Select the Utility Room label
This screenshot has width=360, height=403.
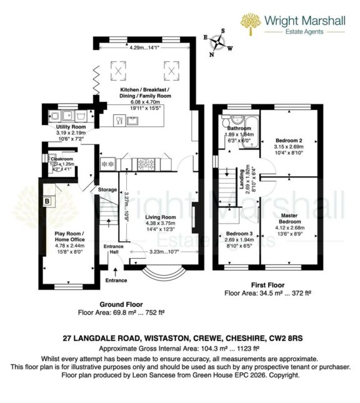(x=70, y=127)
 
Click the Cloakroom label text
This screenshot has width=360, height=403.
(x=61, y=159)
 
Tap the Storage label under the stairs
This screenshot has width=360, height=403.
(x=107, y=189)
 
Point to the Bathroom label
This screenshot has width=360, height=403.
(x=239, y=128)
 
